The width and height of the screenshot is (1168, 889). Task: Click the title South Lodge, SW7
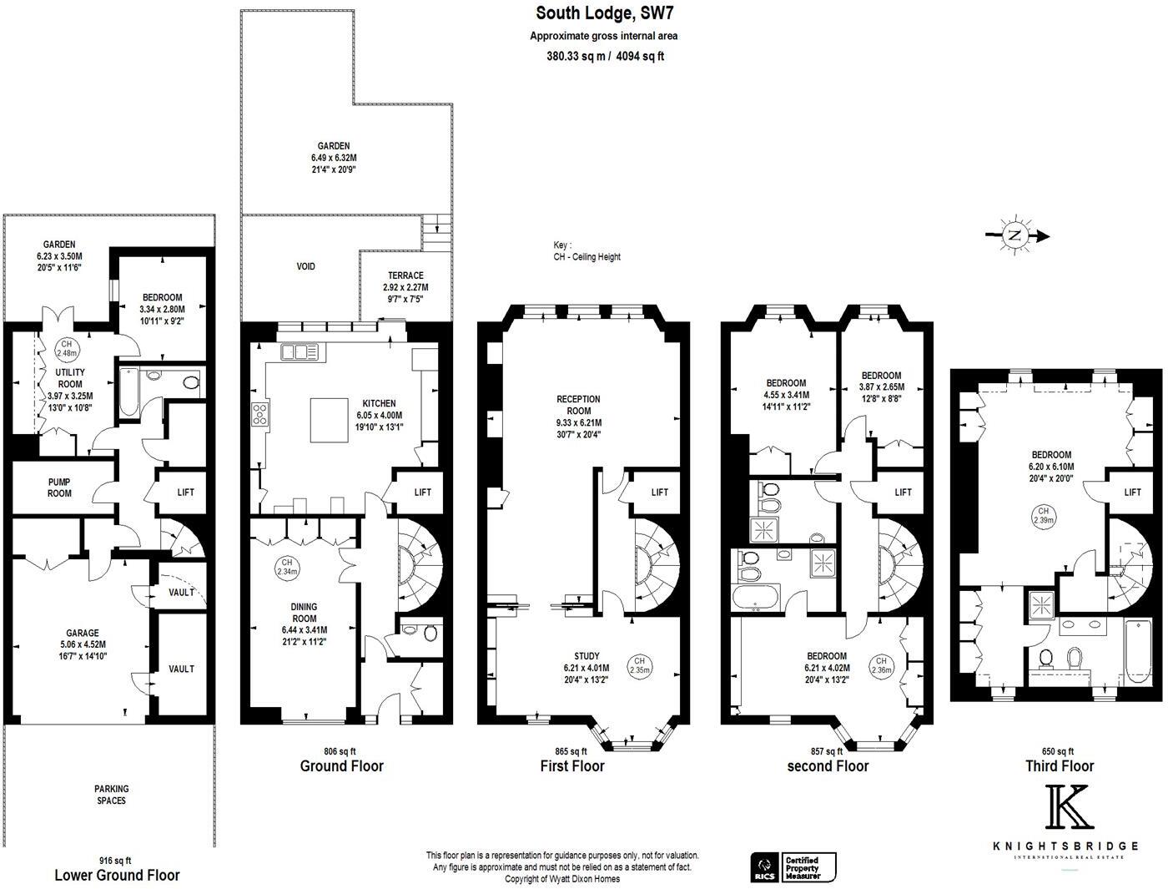click(x=604, y=13)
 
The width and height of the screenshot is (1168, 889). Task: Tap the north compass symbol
click(x=1014, y=235)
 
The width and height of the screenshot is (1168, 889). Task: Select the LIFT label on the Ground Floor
click(x=423, y=492)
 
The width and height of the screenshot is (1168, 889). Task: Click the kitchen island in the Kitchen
click(x=335, y=419)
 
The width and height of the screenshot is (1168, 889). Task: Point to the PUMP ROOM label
click(x=59, y=487)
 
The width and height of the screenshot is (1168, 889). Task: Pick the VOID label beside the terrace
click(x=306, y=266)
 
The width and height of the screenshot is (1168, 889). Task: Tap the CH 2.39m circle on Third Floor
click(x=1043, y=515)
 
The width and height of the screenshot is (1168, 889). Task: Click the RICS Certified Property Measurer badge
click(x=793, y=866)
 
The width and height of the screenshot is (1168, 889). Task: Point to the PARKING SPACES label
click(x=111, y=795)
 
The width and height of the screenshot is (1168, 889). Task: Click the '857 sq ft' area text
click(x=828, y=751)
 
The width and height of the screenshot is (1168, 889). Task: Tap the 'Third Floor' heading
click(x=1059, y=765)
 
